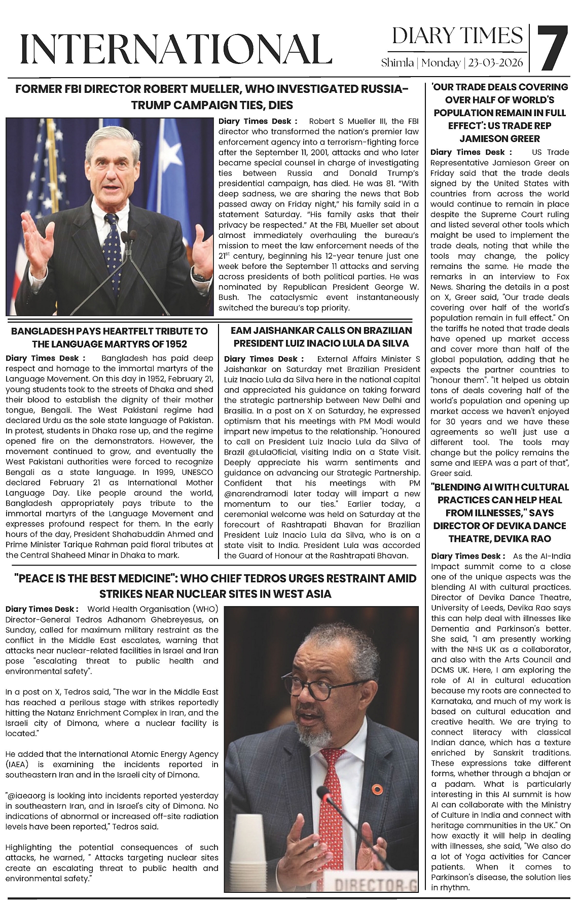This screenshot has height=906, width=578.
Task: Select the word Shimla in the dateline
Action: [398, 63]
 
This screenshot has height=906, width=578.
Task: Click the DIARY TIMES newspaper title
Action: [457, 36]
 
